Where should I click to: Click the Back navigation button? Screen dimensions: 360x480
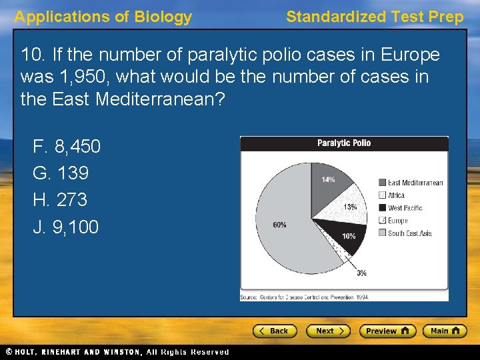tap(274, 331)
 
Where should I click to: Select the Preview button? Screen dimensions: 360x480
tap(387, 331)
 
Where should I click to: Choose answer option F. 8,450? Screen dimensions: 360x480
tap(67, 146)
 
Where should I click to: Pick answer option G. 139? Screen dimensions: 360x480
tap(61, 173)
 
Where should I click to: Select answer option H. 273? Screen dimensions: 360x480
tap(60, 200)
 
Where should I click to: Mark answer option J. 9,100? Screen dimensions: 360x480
tap(66, 227)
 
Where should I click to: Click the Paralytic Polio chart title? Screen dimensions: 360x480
tap(344, 143)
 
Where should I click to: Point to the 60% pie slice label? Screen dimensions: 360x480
tap(279, 225)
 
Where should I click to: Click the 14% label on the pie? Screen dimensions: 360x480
tap(328, 179)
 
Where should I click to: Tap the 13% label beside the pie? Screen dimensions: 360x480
tap(350, 207)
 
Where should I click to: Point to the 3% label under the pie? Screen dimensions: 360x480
tap(361, 273)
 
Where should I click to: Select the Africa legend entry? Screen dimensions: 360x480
tap(396, 195)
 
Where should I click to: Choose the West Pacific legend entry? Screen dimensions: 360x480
tap(405, 208)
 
